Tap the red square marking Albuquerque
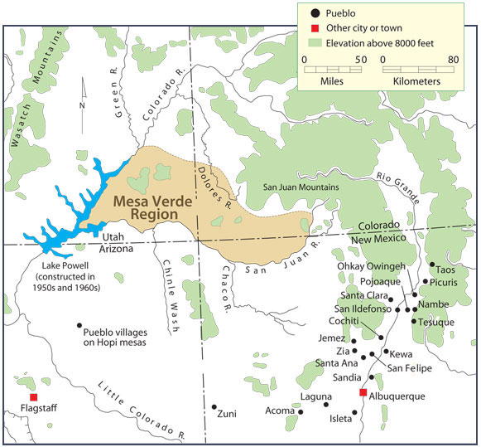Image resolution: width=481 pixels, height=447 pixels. pyautogui.click(x=362, y=391)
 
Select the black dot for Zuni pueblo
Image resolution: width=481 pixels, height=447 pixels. pyautogui.click(x=214, y=407)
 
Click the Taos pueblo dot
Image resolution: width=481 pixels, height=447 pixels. pyautogui.click(x=431, y=265)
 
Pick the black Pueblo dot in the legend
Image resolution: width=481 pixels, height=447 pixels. pyautogui.click(x=315, y=14)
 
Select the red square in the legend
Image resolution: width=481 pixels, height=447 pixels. pyautogui.click(x=315, y=28)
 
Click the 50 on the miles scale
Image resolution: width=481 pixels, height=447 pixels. pyautogui.click(x=361, y=60)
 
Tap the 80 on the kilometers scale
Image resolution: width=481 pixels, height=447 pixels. pyautogui.click(x=453, y=60)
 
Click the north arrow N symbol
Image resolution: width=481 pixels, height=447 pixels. pyautogui.click(x=80, y=105)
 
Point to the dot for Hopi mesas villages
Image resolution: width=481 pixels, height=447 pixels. pyautogui.click(x=79, y=325)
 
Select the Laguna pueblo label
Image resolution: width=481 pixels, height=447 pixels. pyautogui.click(x=314, y=397)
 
